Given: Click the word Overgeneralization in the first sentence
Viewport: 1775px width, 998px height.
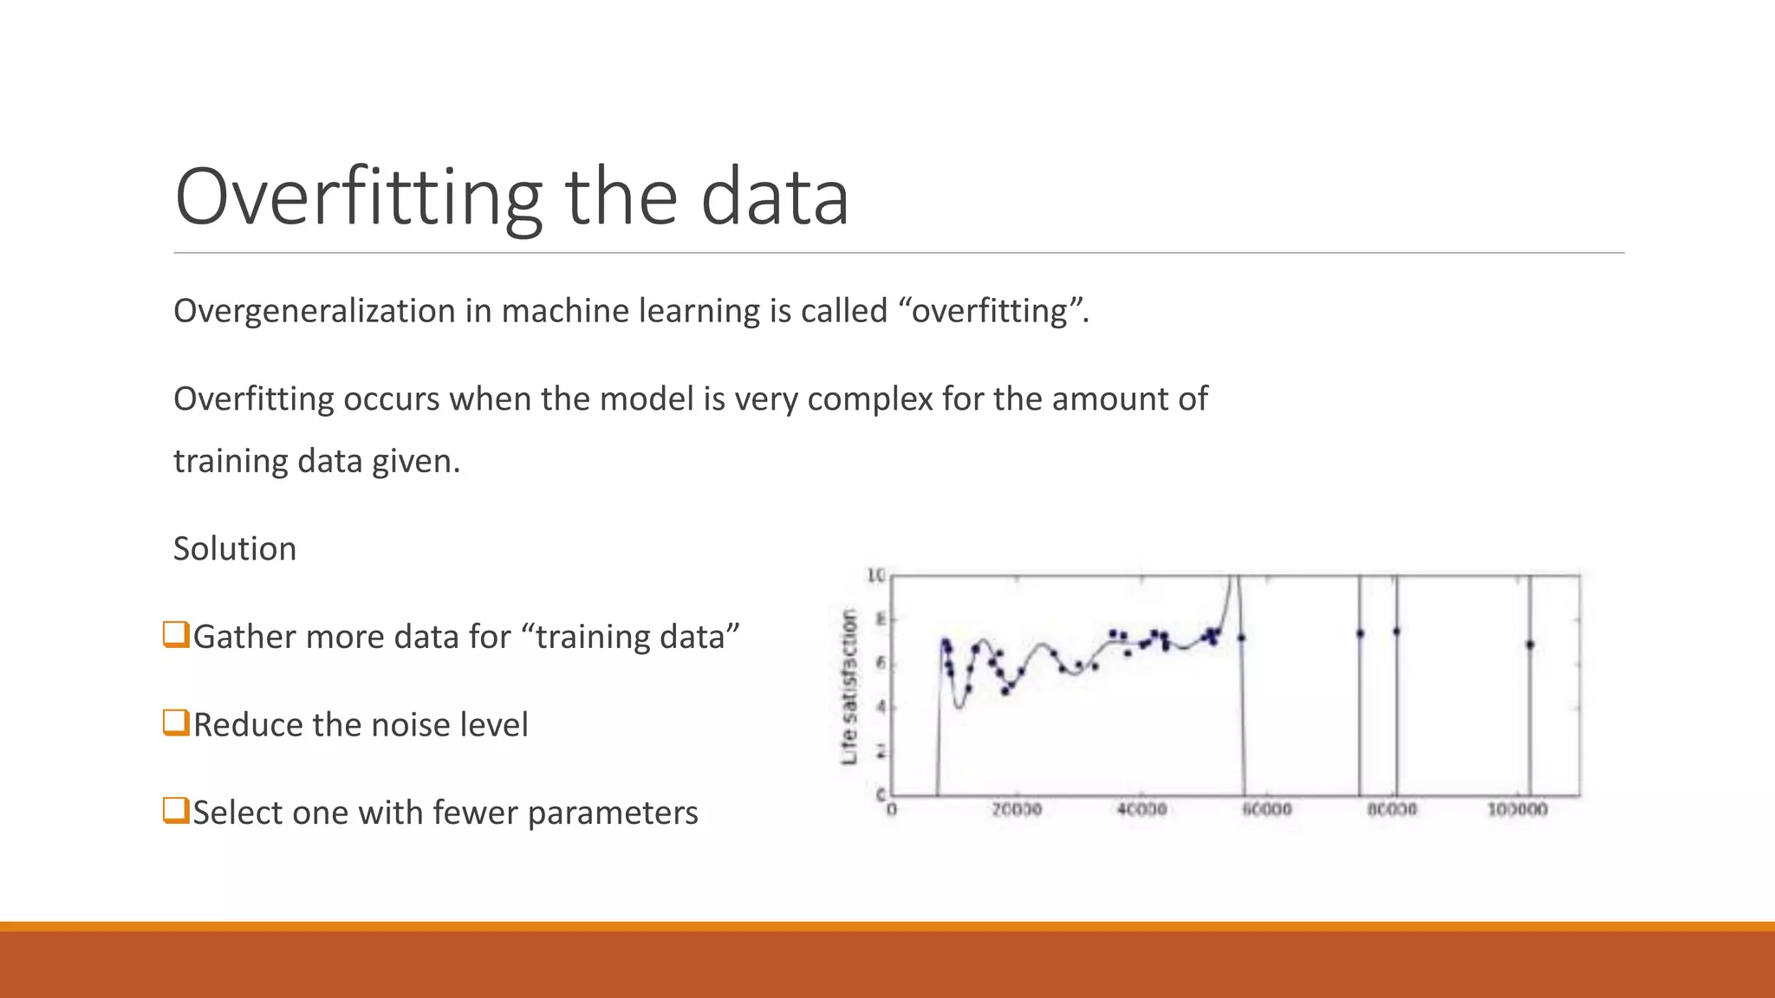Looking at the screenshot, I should (x=314, y=311).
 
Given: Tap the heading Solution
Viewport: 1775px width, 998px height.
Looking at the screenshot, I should (x=235, y=548).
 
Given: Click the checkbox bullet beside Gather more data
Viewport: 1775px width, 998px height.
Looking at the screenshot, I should (x=176, y=634).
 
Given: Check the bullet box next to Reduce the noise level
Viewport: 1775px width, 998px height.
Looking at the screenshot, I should (x=176, y=722).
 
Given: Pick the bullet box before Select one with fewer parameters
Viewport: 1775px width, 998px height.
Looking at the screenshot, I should (x=176, y=810).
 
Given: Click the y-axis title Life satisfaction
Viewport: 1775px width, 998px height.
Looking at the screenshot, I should (x=849, y=686).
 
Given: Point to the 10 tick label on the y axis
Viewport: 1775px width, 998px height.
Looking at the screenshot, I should (x=875, y=575).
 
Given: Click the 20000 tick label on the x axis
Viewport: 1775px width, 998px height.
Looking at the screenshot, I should (x=1017, y=809).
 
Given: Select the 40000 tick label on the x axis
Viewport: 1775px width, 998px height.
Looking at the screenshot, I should (x=1141, y=809).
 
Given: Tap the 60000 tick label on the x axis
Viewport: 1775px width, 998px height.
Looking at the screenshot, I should (x=1267, y=809).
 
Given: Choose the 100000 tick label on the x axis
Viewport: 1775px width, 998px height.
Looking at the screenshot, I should (x=1518, y=809).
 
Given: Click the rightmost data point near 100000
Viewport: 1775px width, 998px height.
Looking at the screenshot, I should (x=1530, y=645).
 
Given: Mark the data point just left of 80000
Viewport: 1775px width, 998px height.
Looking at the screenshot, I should (x=1360, y=633).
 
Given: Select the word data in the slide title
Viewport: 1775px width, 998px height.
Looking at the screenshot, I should (x=774, y=198).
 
